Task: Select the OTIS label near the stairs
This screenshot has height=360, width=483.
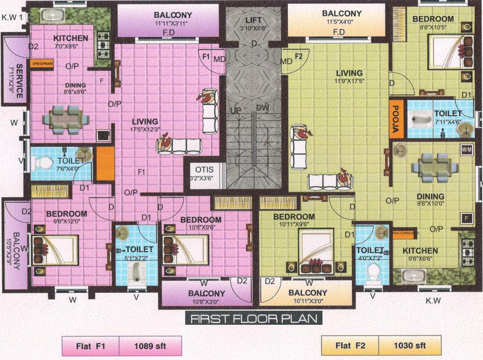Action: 204,170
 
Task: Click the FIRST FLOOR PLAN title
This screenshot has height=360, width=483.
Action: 253,319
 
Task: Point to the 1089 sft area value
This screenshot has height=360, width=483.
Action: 149,346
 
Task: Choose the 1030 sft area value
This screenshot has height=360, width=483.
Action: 410,346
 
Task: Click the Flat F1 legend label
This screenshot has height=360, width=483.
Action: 91,346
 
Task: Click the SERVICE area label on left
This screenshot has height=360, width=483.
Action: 19,81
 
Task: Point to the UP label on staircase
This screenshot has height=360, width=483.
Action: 236,110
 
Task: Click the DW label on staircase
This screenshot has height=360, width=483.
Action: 262,108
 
